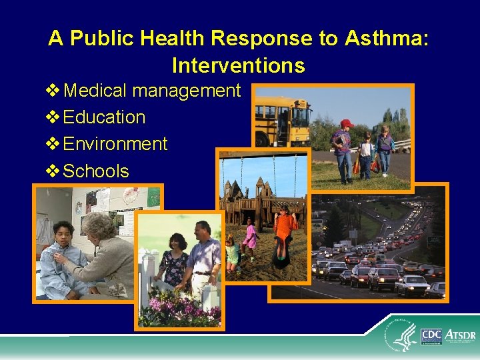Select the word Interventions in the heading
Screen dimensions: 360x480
point(239,66)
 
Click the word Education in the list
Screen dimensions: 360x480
point(104,117)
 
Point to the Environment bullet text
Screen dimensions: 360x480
point(115,144)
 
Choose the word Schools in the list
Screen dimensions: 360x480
point(96,171)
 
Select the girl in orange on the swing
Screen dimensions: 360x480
point(283,233)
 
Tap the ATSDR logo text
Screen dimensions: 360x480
point(459,333)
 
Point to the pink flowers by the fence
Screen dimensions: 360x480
point(177,310)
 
